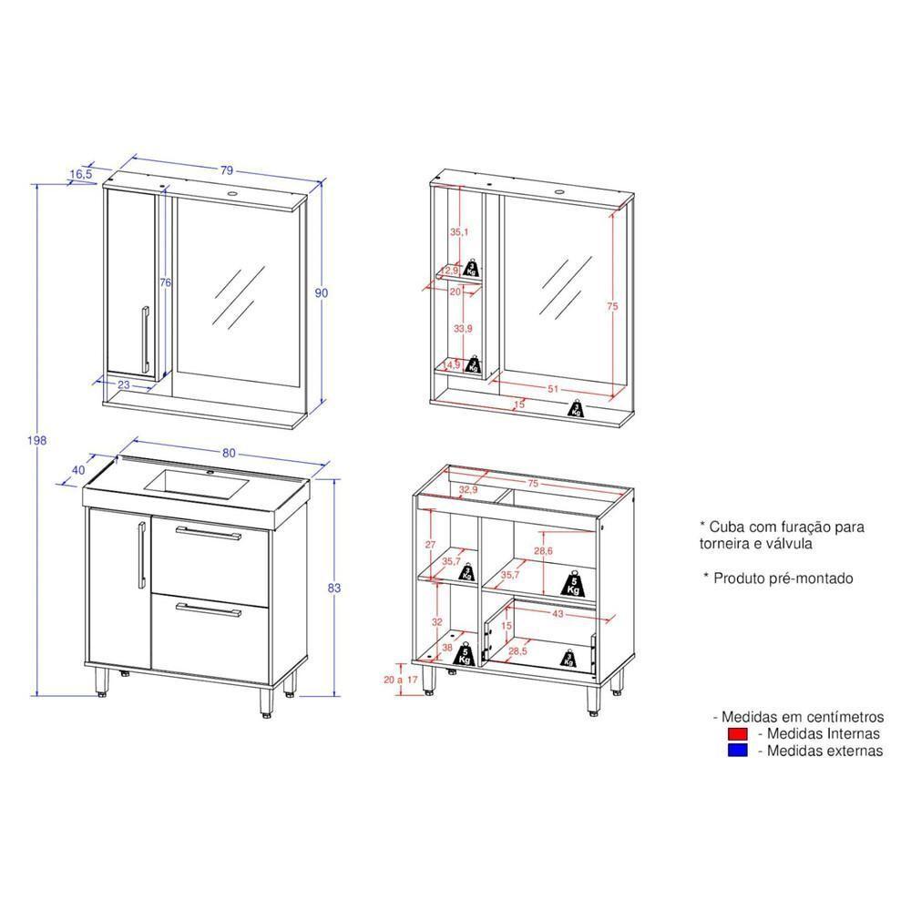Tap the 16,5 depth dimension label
tap(80, 172)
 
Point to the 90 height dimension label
tap(321, 292)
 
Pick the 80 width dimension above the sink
tap(229, 453)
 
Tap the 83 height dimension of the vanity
tap(334, 589)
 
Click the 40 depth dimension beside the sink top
tap(78, 469)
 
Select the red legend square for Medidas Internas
tap(737, 733)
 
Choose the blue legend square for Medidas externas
tap(737, 751)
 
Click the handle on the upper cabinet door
tap(144, 339)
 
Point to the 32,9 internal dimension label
tap(469, 489)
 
